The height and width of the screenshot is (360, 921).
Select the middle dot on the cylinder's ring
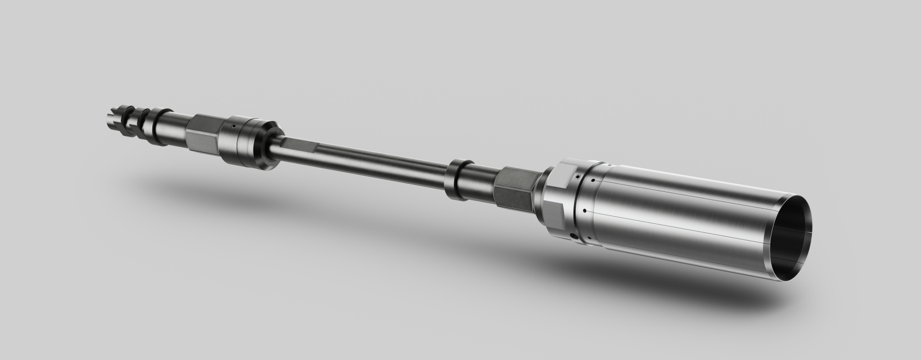tap(585, 211)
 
